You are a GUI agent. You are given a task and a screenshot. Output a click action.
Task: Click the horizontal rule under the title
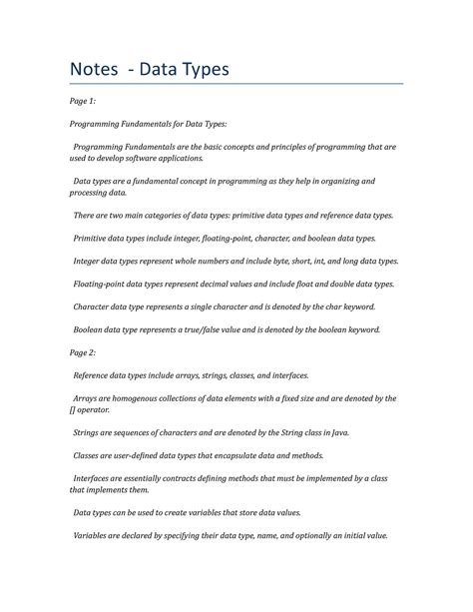pos(236,85)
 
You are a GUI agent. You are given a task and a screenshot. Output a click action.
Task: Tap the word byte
pos(284,261)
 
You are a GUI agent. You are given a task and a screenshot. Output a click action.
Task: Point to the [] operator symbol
pos(73,409)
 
